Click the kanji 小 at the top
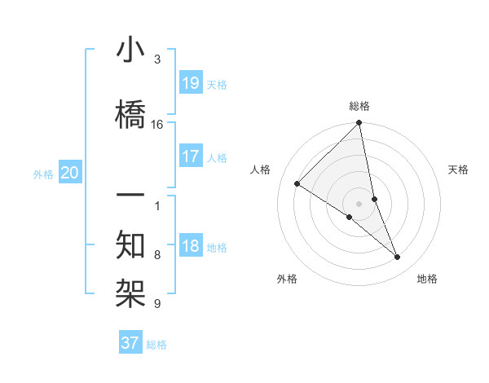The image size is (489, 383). (130, 51)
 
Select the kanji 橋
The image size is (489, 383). (130, 112)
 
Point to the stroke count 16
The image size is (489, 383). (157, 125)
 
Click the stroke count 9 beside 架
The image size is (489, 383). (157, 304)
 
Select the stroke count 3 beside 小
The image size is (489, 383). (157, 59)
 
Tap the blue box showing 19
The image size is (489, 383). (191, 82)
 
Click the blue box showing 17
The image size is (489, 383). (191, 156)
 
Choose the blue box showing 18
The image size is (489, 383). (191, 246)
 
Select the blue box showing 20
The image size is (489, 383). (70, 173)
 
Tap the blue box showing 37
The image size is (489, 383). (130, 343)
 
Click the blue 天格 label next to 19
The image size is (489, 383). (217, 84)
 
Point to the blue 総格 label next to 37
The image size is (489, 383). (156, 345)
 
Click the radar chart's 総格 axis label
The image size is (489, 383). (359, 106)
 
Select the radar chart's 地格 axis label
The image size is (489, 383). (427, 279)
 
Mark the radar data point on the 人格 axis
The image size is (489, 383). (297, 183)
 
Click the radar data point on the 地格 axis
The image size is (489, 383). (398, 257)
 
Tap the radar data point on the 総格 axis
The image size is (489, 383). (359, 124)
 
